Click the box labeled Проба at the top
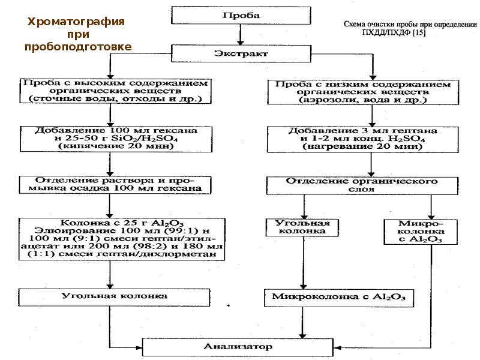(241, 16)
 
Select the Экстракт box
(241, 53)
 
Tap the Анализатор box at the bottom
(238, 347)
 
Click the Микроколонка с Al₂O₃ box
(339, 298)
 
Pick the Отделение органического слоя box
(362, 185)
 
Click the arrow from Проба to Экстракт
(241, 35)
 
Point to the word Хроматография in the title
(76, 22)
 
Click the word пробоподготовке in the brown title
(78, 47)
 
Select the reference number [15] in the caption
(419, 32)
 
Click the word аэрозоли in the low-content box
(326, 100)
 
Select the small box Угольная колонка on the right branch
(302, 227)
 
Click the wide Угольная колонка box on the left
(114, 297)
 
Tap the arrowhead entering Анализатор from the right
(337, 348)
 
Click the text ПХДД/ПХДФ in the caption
(386, 32)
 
